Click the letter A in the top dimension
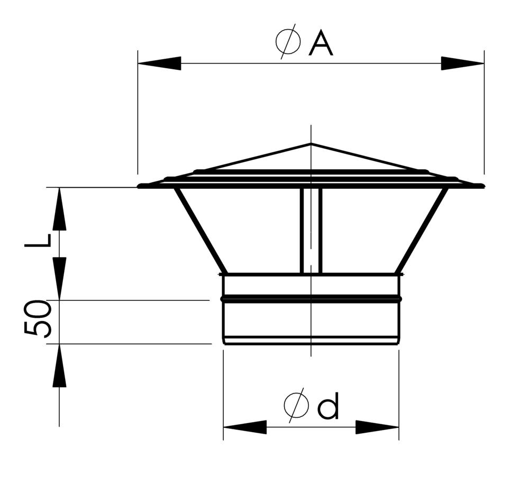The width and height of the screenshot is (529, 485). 321,43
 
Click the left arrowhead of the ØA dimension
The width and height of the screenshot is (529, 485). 159,63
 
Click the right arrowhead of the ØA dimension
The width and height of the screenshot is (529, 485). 462,63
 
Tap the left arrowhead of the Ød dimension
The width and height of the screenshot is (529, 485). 244,427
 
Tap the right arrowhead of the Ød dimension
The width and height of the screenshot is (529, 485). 377,427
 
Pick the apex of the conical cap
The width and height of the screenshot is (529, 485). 311,144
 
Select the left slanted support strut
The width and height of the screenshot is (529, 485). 200,230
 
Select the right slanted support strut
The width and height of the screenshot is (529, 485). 422,230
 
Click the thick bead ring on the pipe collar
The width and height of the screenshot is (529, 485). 311,299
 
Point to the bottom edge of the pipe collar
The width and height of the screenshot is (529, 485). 311,343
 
